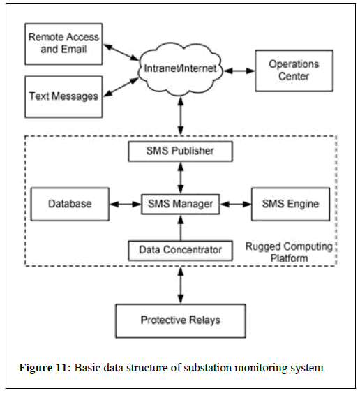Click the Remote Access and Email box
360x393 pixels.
click(x=63, y=44)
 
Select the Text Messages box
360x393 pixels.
click(x=63, y=96)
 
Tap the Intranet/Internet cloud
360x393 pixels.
click(x=180, y=69)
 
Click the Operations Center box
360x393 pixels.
click(x=294, y=71)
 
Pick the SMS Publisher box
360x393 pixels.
click(x=181, y=151)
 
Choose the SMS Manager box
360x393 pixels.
click(x=181, y=204)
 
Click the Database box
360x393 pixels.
click(x=70, y=204)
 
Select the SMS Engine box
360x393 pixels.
click(x=291, y=204)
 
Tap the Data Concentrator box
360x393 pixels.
click(x=181, y=251)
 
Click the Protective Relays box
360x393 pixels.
click(x=181, y=321)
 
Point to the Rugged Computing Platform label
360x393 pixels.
click(x=289, y=252)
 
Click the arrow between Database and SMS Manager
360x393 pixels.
click(x=126, y=205)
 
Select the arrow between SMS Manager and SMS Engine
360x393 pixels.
click(x=236, y=205)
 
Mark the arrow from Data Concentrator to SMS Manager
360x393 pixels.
click(x=181, y=228)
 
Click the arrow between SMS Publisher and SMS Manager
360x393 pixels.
click(x=181, y=178)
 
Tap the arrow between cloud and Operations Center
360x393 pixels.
click(x=239, y=71)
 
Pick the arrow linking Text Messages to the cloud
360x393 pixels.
click(x=121, y=87)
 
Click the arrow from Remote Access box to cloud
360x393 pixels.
click(x=121, y=52)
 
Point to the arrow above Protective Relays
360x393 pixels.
click(x=181, y=285)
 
